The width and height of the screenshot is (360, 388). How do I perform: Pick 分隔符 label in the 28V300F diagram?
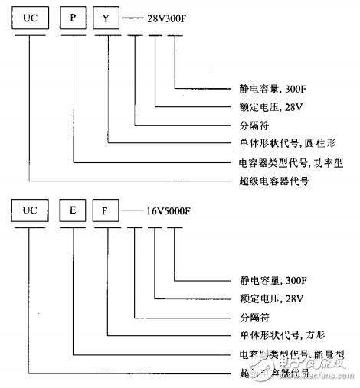pos(247,124)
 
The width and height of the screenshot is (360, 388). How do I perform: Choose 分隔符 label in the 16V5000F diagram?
pos(247,316)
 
